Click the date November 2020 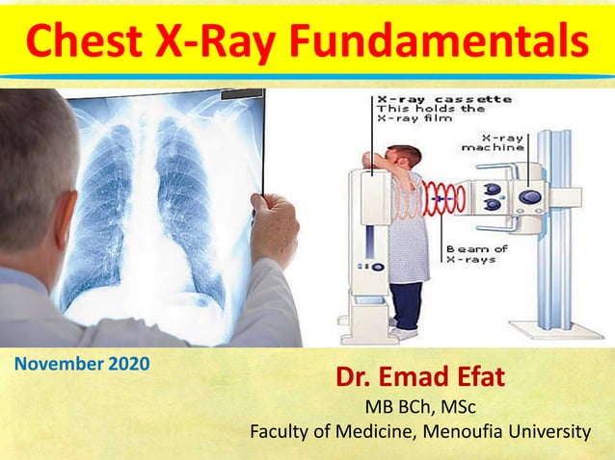tap(83, 365)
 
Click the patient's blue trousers tap(406, 305)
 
